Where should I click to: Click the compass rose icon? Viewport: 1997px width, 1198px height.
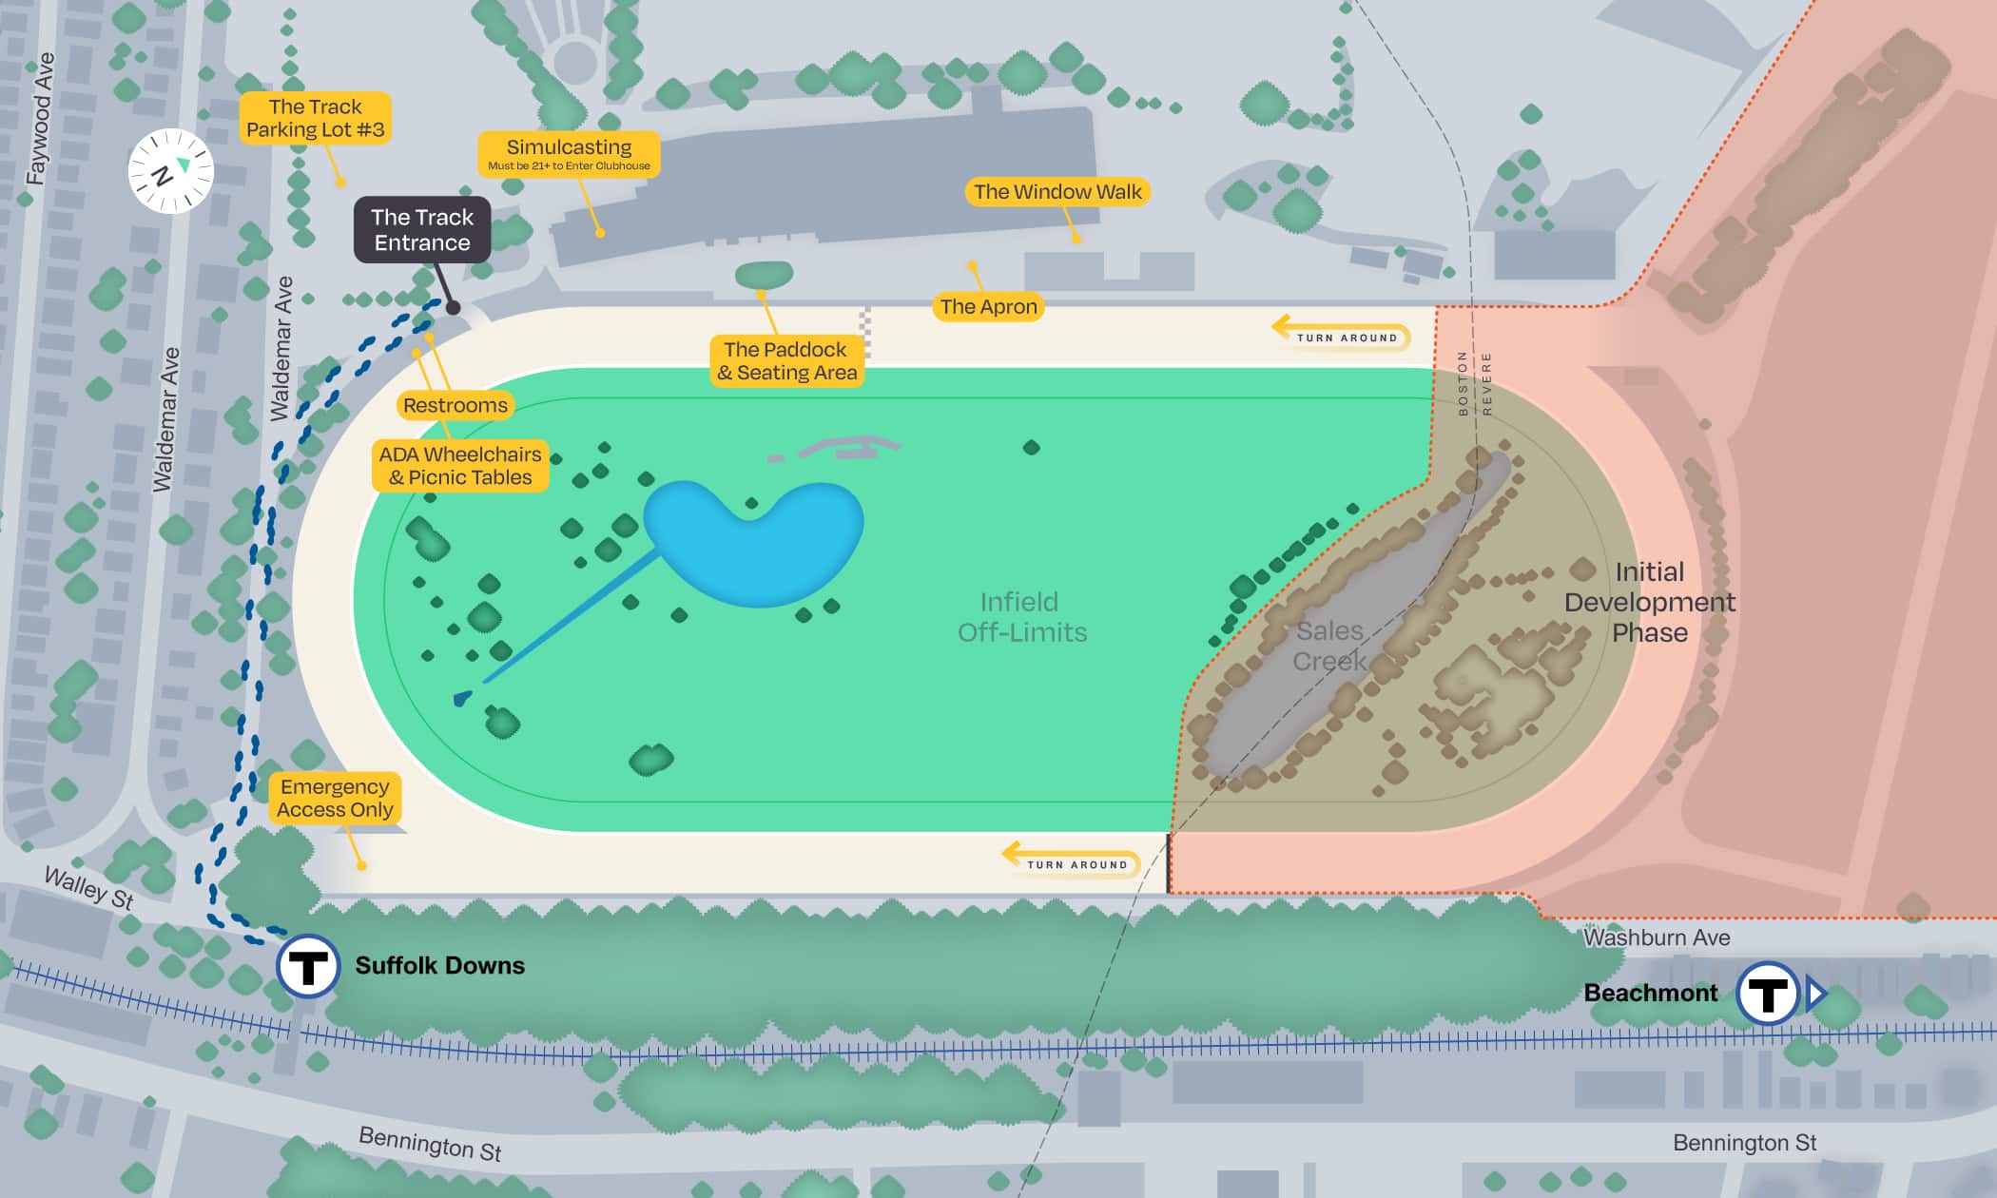[x=171, y=171]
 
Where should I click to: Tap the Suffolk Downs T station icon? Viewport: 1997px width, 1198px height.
[x=308, y=966]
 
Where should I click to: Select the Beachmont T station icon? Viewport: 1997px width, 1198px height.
[x=1768, y=994]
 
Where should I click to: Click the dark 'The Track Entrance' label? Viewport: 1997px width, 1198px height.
[x=422, y=230]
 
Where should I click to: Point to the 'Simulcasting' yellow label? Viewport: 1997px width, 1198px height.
[x=569, y=153]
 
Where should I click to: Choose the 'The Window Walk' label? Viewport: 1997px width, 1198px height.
[x=1057, y=192]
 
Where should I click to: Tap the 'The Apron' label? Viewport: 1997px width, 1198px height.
[x=988, y=307]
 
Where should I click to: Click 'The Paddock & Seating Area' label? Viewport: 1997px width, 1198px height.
[x=786, y=361]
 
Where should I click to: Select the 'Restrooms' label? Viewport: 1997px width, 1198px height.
[x=455, y=406]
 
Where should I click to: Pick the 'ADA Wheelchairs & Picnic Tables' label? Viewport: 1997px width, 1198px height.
[x=460, y=466]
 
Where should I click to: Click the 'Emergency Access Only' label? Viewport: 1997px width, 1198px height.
[x=335, y=798]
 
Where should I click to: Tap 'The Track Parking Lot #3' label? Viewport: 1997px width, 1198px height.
[x=315, y=118]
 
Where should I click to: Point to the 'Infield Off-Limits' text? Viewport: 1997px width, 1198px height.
[x=1021, y=617]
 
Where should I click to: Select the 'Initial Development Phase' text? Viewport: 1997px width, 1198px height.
[x=1650, y=602]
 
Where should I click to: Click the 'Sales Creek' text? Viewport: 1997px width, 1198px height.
[x=1330, y=646]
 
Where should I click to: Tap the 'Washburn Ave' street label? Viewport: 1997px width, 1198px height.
[x=1656, y=937]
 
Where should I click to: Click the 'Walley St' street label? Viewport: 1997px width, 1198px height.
[x=89, y=887]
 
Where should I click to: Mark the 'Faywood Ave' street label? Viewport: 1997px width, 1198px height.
[x=40, y=119]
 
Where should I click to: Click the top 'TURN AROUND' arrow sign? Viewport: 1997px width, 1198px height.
[x=1342, y=336]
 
